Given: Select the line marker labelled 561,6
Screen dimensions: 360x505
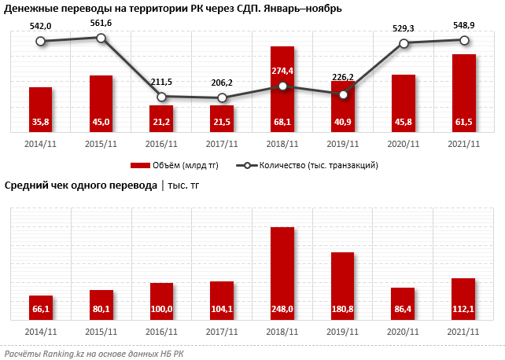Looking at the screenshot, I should pyautogui.click(x=101, y=37).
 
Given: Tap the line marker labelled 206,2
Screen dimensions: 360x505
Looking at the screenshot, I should pyautogui.click(x=222, y=97).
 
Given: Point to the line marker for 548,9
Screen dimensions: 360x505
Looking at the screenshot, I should pyautogui.click(x=464, y=40).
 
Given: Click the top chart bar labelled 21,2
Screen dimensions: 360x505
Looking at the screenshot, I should pyautogui.click(x=161, y=118).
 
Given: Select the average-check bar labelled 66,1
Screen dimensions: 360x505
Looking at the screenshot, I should pyautogui.click(x=41, y=307).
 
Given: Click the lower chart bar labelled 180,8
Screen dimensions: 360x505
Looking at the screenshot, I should pyautogui.click(x=343, y=285).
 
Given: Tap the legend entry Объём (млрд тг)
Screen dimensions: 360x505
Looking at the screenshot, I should pyautogui.click(x=174, y=165).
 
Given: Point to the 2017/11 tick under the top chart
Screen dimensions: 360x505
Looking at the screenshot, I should pyautogui.click(x=222, y=144).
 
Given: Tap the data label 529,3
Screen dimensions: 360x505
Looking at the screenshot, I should pyautogui.click(x=403, y=28).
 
